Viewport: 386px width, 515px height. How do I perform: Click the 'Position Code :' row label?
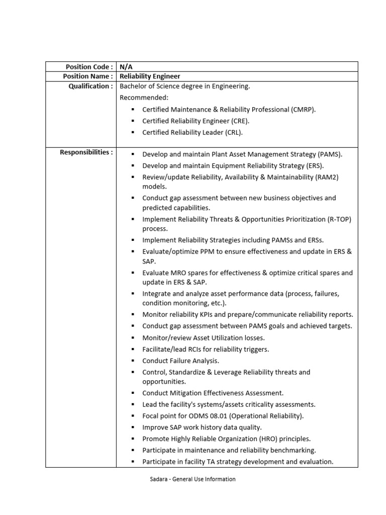pos(88,66)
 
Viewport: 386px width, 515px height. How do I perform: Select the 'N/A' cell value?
pos(126,66)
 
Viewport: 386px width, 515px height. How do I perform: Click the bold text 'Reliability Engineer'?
pos(150,76)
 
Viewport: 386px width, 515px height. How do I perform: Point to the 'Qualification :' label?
pos(90,86)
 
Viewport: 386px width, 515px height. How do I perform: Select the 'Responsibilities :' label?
pos(86,152)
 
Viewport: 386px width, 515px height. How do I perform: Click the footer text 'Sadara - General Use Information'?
pos(193,479)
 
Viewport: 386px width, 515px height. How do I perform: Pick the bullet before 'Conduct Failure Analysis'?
pos(132,361)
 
